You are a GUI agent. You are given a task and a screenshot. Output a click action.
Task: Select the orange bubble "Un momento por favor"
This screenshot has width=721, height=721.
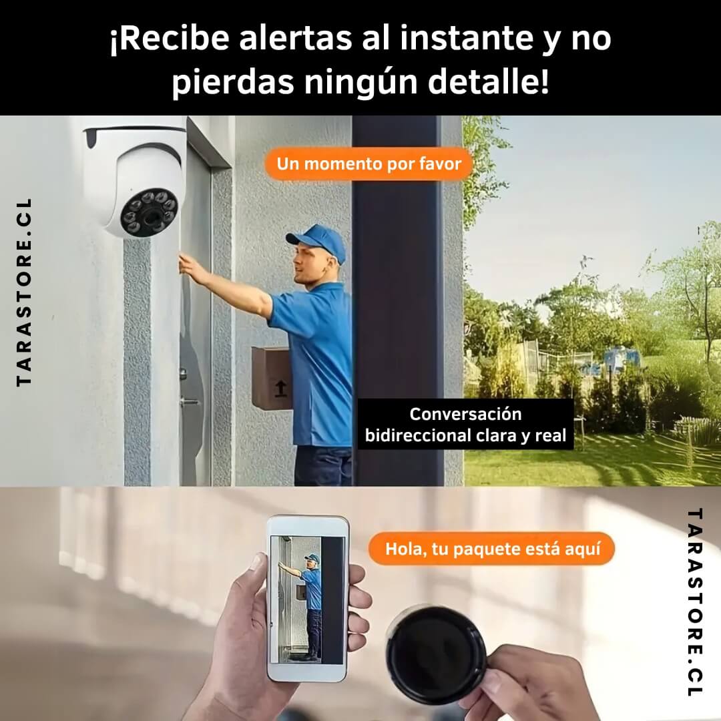click(x=369, y=164)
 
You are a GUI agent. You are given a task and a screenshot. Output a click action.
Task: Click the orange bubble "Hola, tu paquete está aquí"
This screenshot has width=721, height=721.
click(x=492, y=549)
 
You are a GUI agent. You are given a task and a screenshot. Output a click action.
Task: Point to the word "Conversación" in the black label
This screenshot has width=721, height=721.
click(x=465, y=414)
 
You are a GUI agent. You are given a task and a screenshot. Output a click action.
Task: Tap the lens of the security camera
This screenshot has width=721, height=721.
click(x=150, y=215)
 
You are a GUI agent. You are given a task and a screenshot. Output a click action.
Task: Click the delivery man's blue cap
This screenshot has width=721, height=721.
click(x=318, y=241)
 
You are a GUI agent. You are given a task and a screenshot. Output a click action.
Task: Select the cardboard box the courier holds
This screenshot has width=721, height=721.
click(x=272, y=378)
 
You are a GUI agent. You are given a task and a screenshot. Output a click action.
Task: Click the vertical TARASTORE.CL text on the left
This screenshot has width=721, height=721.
click(x=24, y=292)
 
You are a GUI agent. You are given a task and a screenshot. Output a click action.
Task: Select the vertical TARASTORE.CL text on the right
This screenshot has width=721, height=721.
click(x=695, y=602)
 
